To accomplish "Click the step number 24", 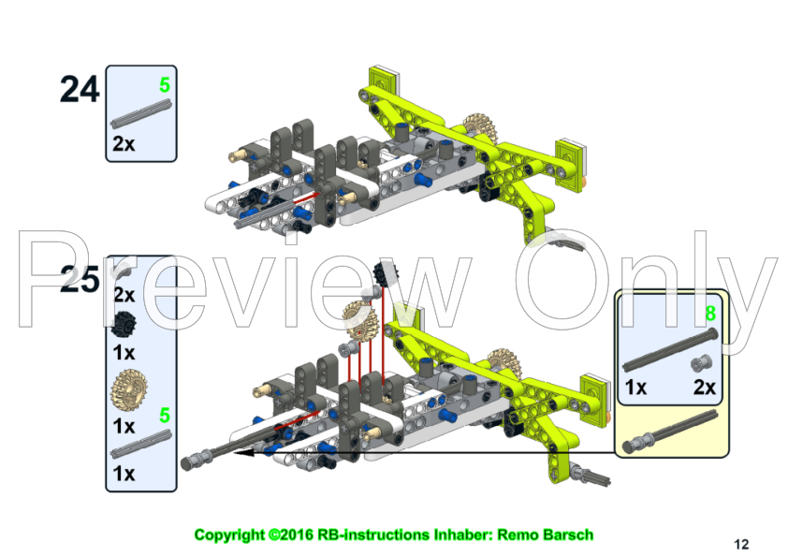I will click(80, 89).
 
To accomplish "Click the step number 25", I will click(80, 279).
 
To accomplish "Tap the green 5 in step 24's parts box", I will click(165, 85).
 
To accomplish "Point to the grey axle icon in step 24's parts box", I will click(141, 118).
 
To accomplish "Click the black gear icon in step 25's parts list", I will click(124, 324).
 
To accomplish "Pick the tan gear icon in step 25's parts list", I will click(127, 386).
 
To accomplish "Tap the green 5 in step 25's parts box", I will click(165, 415).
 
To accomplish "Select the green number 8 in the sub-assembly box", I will click(711, 313).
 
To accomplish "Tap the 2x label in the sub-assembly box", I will click(705, 388).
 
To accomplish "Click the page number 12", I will click(741, 543).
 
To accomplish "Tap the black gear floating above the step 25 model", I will click(381, 273).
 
